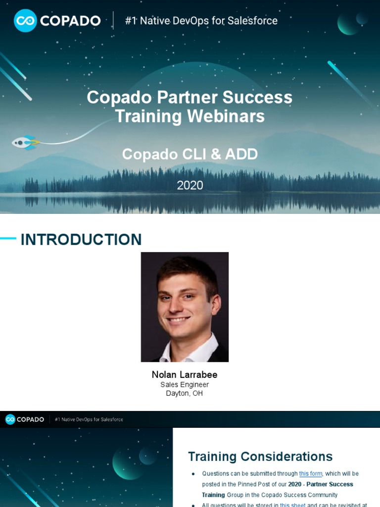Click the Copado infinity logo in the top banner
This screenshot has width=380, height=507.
(25, 21)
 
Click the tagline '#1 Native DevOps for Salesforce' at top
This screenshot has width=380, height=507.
(201, 21)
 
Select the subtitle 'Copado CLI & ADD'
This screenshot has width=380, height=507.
(190, 154)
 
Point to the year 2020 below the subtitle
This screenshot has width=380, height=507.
(190, 185)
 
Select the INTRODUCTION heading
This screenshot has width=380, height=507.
(81, 240)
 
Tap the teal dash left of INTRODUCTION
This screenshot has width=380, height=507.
(8, 239)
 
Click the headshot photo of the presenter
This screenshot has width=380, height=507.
(185, 307)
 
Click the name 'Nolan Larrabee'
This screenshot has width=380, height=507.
(185, 375)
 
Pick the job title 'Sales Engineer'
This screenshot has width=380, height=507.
(185, 385)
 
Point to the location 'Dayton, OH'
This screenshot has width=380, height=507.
(185, 394)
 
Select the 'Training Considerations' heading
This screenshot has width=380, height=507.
(260, 456)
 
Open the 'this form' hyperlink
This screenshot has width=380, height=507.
(311, 474)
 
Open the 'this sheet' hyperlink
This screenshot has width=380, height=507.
(292, 505)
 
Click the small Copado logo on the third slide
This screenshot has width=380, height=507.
(10, 419)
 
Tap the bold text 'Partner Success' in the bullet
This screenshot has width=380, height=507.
(330, 484)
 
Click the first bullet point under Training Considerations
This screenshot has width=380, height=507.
(193, 474)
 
